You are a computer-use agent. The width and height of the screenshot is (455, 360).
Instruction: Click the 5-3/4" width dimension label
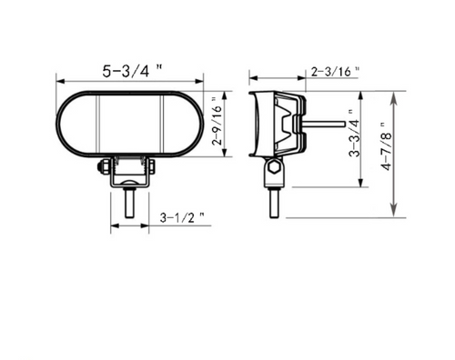coord(132,71)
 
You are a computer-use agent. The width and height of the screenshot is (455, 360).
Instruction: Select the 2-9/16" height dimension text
coord(217,121)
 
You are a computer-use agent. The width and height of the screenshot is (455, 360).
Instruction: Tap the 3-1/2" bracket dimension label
coord(182,217)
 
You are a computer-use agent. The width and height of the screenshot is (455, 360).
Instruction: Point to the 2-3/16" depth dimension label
coord(335,72)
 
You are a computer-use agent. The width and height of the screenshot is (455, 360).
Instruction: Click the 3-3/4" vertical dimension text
coord(354,134)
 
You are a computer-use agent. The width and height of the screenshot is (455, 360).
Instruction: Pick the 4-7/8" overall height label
coord(387,146)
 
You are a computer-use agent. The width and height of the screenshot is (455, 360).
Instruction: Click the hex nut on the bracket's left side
coord(104,167)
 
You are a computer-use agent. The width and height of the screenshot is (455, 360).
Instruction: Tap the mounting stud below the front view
coord(129,203)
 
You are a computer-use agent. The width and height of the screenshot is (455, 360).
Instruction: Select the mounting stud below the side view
coord(274,203)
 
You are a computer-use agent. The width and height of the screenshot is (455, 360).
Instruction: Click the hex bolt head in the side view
coord(275,166)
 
